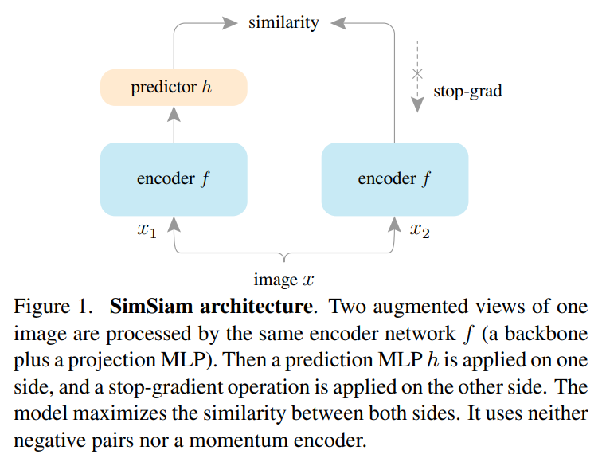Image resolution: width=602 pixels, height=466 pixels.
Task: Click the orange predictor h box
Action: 174,88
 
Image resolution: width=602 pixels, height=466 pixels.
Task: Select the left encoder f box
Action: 174,178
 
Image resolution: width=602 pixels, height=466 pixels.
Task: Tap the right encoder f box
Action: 394,178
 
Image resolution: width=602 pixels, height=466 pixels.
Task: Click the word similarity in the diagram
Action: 283,22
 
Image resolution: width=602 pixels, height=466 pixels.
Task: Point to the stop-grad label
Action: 467,91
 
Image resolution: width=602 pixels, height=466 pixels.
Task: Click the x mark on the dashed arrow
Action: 416,74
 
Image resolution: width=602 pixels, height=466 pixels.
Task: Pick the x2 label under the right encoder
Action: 420,232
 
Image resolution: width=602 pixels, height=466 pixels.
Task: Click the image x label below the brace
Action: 283,280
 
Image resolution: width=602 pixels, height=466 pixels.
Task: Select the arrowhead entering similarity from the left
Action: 232,23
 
